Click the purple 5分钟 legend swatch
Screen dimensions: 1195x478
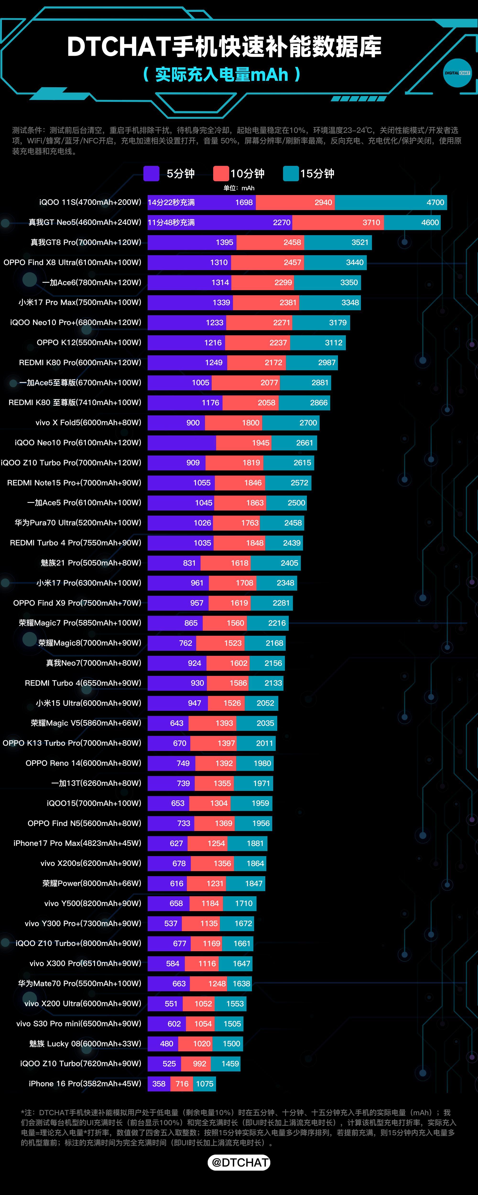point(151,174)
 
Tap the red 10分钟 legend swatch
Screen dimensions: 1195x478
point(221,174)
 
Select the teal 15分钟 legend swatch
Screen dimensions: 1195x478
point(291,174)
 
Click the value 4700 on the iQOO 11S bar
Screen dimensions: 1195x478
point(435,202)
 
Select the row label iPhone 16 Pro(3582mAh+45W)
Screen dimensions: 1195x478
point(85,1084)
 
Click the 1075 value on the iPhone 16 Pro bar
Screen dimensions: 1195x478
point(205,1084)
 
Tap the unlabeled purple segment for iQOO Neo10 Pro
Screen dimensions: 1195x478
point(181,443)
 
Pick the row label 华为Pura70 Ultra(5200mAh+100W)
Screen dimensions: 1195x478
point(78,523)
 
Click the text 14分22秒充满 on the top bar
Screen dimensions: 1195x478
point(171,202)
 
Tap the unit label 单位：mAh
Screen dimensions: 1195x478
point(239,188)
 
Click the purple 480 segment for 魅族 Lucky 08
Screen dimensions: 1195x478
point(163,1044)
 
